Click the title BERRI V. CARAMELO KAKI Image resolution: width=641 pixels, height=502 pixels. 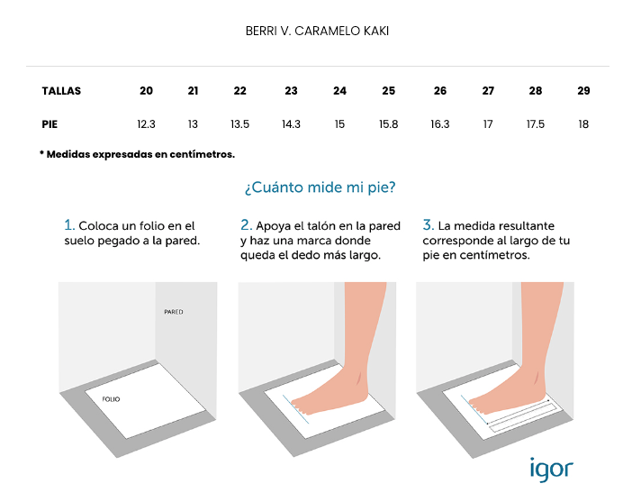click(317, 32)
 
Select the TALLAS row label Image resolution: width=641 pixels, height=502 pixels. click(61, 91)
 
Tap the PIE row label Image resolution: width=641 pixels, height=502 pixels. click(50, 124)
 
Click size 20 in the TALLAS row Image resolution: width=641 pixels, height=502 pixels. click(146, 91)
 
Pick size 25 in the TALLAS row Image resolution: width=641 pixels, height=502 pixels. click(388, 91)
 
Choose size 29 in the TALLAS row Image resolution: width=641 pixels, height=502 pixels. click(583, 91)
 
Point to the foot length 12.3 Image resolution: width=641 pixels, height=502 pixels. click(146, 124)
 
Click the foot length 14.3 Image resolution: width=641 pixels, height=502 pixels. click(291, 124)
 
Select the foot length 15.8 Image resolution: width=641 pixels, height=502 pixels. click(388, 124)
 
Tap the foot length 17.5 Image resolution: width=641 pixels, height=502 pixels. click(535, 124)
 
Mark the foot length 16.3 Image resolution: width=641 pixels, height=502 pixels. click(440, 124)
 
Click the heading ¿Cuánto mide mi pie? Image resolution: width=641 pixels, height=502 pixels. click(320, 187)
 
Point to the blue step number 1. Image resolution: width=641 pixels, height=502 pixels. click(69, 225)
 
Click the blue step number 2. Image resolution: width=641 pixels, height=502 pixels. click(246, 225)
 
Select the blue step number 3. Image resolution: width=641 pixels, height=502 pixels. click(428, 225)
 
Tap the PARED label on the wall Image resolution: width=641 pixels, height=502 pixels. click(174, 312)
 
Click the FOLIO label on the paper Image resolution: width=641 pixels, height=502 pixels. click(112, 399)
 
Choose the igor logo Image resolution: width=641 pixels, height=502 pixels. click(552, 470)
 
